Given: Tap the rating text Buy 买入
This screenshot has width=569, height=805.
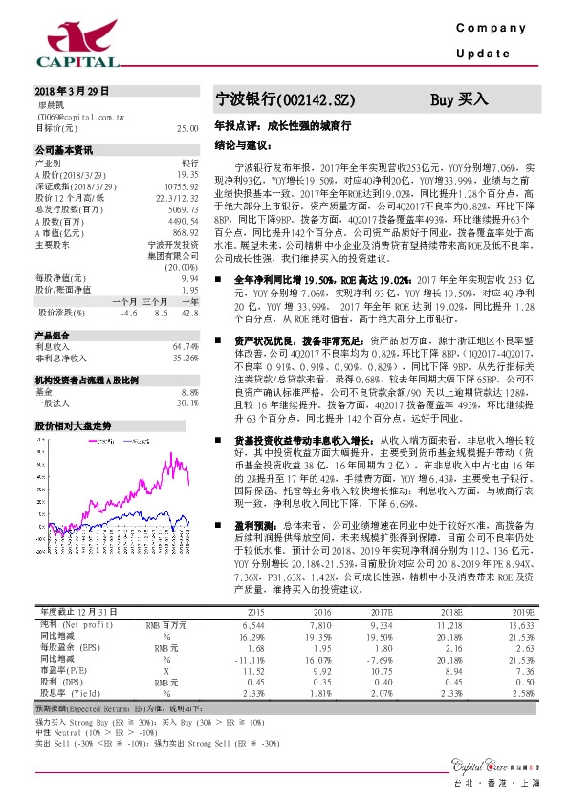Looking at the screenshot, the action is point(459,98).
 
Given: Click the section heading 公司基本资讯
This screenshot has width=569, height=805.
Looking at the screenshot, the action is point(66,151).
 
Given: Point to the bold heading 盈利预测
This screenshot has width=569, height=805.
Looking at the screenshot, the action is point(252,497).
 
